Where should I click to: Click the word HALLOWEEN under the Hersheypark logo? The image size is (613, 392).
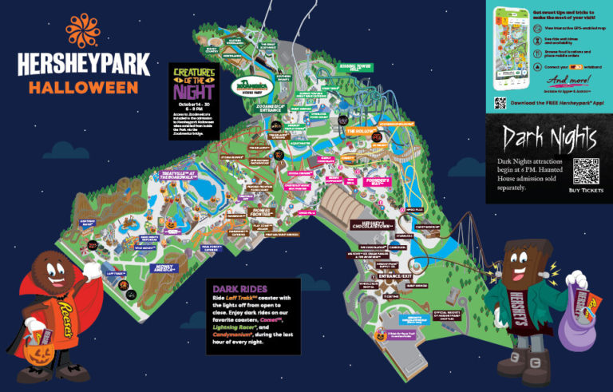78,86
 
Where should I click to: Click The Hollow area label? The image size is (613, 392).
361,129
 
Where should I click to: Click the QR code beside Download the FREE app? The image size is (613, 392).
500,102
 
